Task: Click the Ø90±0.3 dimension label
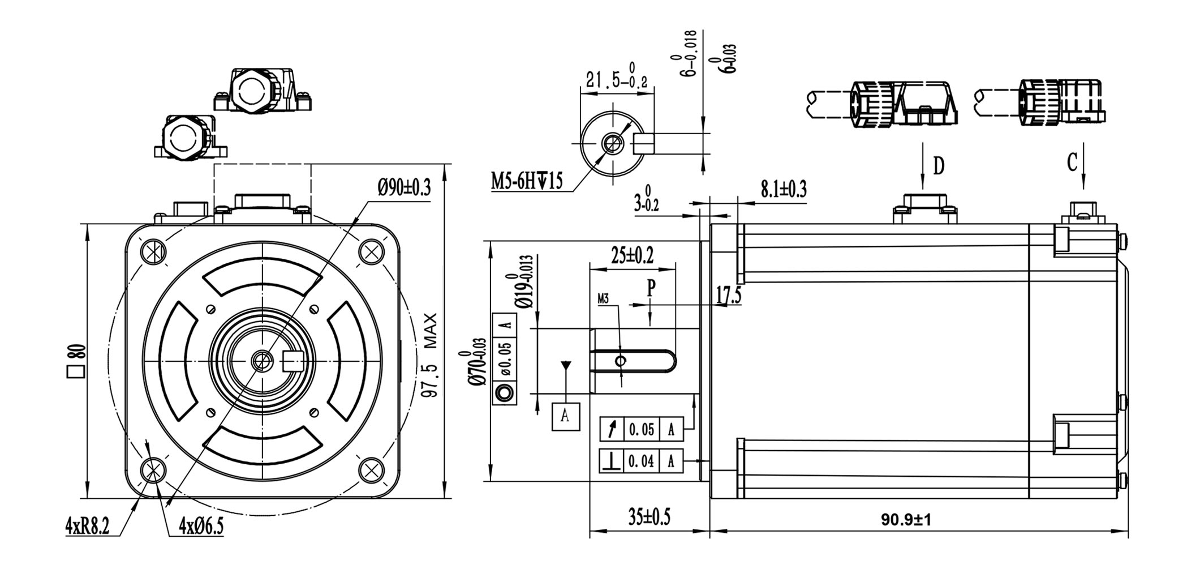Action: coord(404,186)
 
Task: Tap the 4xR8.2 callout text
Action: coord(87,527)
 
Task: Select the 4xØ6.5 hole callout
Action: coord(201,527)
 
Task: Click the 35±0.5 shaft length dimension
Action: coord(649,516)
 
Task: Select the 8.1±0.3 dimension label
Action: coord(783,189)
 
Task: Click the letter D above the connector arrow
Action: coord(939,166)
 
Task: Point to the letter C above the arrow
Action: coord(1072,163)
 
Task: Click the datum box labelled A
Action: coord(565,416)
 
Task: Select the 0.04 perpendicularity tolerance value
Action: coord(641,461)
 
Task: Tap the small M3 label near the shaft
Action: coord(603,298)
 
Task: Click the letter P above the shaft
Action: coord(651,288)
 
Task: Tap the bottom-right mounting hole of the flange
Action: coord(371,469)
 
